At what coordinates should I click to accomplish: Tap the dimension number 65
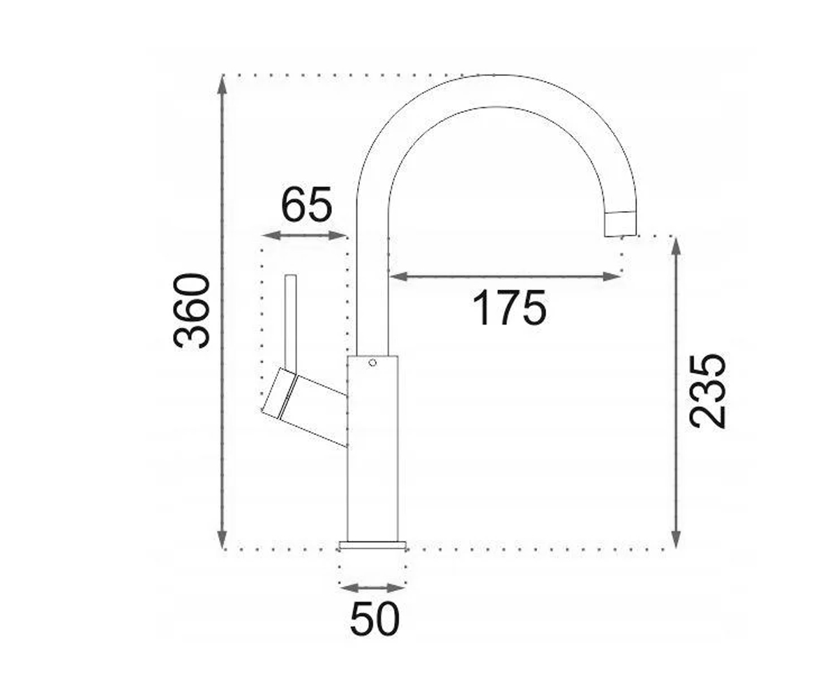pyautogui.click(x=307, y=205)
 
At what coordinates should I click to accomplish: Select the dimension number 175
pyautogui.click(x=509, y=309)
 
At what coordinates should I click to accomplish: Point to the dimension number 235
pyautogui.click(x=707, y=391)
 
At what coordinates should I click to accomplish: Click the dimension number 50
pyautogui.click(x=375, y=618)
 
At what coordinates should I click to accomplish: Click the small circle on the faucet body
pyautogui.click(x=372, y=363)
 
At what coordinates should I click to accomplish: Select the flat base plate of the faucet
pyautogui.click(x=372, y=545)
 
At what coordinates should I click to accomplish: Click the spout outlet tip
pyautogui.click(x=621, y=224)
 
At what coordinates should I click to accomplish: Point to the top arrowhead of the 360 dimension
pyautogui.click(x=222, y=85)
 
